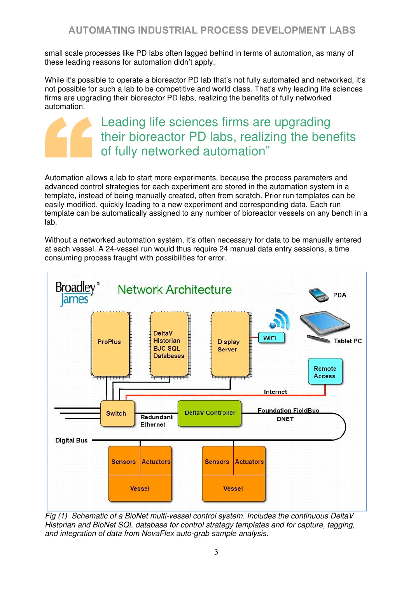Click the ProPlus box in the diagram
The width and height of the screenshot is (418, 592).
[110, 344]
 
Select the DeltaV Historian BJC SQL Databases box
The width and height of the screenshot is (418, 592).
[170, 344]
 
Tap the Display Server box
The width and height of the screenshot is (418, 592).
[231, 344]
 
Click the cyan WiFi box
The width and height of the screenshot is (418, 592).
[271, 338]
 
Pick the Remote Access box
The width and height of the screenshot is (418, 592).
[325, 371]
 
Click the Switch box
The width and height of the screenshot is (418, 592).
[117, 413]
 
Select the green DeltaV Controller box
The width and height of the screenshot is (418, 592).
[210, 413]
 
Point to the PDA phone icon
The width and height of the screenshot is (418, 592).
[318, 295]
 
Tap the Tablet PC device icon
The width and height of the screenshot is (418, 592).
[325, 325]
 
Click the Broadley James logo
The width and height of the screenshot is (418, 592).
[77, 293]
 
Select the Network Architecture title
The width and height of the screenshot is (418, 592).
[175, 290]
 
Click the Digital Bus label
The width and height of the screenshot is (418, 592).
[71, 440]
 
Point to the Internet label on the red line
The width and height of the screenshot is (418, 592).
[275, 392]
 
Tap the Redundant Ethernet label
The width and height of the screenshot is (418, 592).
[156, 421]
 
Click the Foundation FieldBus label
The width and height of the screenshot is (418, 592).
[289, 411]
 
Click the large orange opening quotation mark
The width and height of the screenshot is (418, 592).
[69, 137]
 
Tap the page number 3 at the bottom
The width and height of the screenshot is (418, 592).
[216, 552]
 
